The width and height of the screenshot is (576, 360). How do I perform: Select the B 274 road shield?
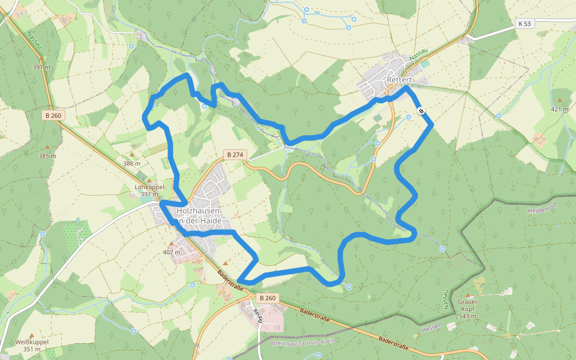[235, 155]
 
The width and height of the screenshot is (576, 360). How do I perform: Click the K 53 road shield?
[524, 24]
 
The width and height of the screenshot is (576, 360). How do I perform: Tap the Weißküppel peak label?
[32, 341]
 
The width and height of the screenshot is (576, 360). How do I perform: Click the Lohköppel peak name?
[149, 187]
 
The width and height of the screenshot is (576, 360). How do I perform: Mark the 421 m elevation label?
[560, 109]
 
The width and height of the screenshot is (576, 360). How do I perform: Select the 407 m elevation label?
[172, 252]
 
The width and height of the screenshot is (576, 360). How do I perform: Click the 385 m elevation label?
[47, 156]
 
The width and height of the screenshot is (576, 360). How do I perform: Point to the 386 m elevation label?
[131, 163]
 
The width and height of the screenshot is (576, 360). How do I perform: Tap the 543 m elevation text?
[467, 316]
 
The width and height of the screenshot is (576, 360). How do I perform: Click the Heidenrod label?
[542, 211]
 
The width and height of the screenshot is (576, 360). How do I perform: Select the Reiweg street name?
[260, 314]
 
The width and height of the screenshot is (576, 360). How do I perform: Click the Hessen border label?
[431, 327]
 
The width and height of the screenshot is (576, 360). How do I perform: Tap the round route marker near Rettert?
[422, 110]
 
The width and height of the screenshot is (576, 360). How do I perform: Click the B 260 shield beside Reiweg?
[267, 298]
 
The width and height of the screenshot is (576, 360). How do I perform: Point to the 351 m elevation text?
[32, 349]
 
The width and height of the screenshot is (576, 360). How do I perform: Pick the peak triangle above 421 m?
[560, 100]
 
